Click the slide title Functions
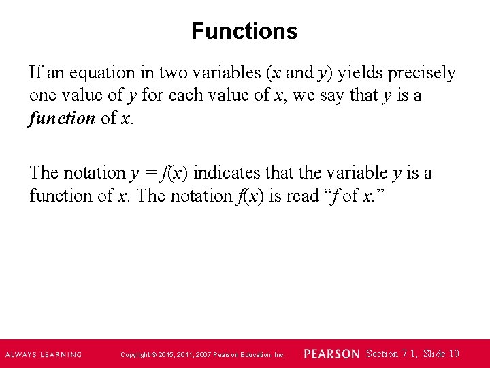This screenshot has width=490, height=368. click(244, 31)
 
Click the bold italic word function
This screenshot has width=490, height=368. click(62, 118)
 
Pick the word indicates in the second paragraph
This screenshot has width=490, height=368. click(225, 173)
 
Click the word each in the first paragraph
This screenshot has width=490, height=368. click(180, 95)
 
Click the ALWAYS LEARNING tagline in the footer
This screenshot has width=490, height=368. click(44, 354)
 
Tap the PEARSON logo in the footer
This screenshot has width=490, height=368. click(331, 354)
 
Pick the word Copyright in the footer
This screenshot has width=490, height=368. click(135, 355)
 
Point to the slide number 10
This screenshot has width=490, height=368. click(454, 353)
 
